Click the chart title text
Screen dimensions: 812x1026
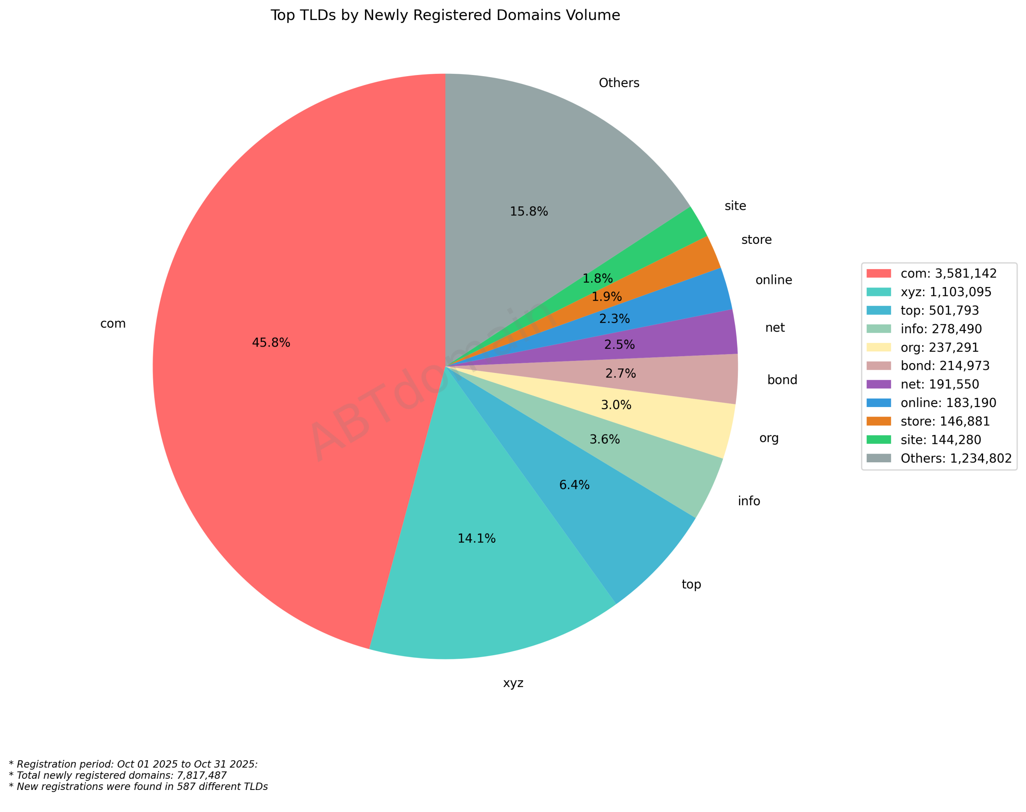tap(445, 15)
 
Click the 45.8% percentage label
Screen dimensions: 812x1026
tap(271, 343)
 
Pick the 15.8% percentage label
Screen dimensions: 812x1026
tap(529, 212)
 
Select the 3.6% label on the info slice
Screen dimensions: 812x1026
tap(604, 439)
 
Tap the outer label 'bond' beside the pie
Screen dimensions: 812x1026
tap(782, 380)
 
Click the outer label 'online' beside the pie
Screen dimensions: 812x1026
tap(774, 280)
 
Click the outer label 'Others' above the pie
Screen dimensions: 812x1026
tap(619, 83)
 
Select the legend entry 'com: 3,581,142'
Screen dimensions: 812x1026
tap(948, 273)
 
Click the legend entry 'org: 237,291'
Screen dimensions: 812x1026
tap(939, 348)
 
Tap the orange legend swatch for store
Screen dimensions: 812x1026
tap(878, 421)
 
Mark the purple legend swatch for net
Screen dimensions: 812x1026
tap(878, 384)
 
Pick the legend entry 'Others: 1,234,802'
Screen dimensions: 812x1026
tap(956, 458)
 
